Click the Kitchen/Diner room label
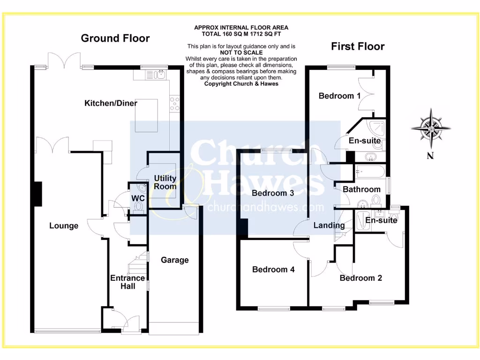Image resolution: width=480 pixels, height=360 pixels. point(107,103)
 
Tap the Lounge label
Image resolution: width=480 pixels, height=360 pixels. point(64,226)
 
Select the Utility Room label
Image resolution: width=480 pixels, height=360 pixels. point(165,182)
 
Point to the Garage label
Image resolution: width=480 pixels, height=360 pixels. point(174,260)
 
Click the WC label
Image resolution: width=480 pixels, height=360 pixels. point(137,199)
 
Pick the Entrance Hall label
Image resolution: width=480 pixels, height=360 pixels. point(127,282)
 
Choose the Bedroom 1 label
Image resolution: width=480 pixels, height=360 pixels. point(339,96)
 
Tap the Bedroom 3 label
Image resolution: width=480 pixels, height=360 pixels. point(272,193)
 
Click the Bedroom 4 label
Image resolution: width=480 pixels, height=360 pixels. point(273,270)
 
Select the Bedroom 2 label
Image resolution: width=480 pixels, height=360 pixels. point(360,278)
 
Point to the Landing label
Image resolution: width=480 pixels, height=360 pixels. point(329,225)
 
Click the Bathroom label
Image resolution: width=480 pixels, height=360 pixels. point(361,189)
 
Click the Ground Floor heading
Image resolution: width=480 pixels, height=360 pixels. point(115,38)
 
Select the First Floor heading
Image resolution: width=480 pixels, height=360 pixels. point(358,46)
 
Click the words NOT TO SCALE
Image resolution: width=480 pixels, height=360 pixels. point(241,53)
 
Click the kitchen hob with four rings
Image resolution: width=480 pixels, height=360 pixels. point(175,103)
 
